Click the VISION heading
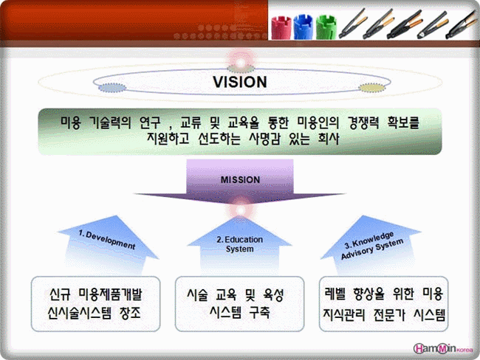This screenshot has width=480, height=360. (x=240, y=82)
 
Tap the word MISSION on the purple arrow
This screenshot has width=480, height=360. (x=240, y=179)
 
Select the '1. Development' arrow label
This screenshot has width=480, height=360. (x=107, y=240)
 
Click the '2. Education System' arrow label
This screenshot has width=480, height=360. (x=240, y=243)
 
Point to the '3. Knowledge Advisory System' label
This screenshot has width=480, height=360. (x=372, y=246)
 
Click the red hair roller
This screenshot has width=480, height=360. (x=281, y=28)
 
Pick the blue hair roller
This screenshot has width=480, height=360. (x=303, y=27)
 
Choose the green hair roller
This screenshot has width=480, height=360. (x=326, y=27)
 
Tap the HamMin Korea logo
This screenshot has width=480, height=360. (x=443, y=348)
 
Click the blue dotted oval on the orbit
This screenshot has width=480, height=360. (x=112, y=88)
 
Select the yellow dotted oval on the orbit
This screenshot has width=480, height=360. (x=372, y=88)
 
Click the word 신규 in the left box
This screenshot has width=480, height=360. (x=60, y=294)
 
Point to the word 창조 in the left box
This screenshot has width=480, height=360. (x=131, y=313)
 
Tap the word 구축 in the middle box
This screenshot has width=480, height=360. (x=259, y=312)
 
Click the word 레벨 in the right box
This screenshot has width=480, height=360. (x=335, y=294)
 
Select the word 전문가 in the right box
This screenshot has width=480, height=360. (x=389, y=315)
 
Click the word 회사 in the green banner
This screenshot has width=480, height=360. (x=329, y=139)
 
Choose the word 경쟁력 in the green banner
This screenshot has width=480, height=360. (x=363, y=122)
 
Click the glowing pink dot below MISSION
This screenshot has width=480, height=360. (x=241, y=210)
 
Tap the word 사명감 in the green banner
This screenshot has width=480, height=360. (x=264, y=139)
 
